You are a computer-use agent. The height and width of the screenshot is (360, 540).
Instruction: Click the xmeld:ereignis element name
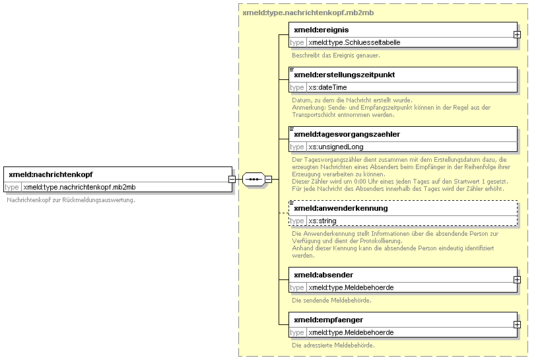tap(321, 30)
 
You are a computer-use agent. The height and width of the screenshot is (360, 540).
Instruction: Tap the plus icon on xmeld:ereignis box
tap(517, 35)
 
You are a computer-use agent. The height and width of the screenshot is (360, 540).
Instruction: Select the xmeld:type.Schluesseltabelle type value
tap(354, 43)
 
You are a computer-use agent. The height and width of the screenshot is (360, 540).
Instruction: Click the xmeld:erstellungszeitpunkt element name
tap(345, 75)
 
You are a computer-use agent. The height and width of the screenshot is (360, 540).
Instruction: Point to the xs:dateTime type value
tap(327, 87)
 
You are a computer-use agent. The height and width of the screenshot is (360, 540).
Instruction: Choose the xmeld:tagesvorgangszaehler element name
tap(347, 134)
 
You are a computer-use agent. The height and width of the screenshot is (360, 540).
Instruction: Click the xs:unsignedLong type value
tap(336, 147)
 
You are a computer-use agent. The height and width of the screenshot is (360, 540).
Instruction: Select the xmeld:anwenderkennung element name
tap(341, 209)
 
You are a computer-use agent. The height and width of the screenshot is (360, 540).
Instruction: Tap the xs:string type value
tap(322, 221)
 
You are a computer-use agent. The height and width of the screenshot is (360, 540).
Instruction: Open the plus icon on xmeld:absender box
tap(517, 279)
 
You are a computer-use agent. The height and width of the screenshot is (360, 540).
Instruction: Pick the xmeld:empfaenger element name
tap(328, 320)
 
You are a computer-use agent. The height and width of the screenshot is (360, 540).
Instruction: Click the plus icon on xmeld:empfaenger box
tap(517, 325)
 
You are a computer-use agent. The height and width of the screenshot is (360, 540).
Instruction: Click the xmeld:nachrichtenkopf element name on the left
tap(51, 174)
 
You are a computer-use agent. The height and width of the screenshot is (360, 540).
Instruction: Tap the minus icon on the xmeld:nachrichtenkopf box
tap(232, 180)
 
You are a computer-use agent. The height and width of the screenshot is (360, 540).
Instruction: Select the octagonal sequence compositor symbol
tap(253, 180)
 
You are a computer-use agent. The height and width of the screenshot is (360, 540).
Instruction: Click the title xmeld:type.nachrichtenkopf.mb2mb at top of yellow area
tap(308, 13)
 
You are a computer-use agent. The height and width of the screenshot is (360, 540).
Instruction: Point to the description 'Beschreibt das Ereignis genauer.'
tap(336, 55)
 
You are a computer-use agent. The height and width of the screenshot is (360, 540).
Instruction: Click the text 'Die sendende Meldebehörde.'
tap(331, 301)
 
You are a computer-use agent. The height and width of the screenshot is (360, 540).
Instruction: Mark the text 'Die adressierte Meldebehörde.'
tap(333, 345)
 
